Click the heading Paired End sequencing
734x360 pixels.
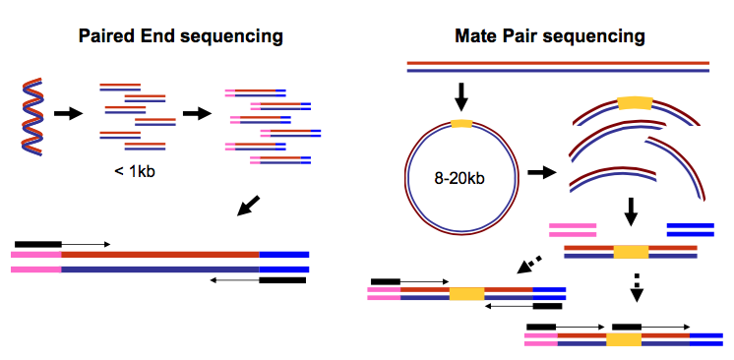[181, 36]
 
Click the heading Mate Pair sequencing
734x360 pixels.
[550, 36]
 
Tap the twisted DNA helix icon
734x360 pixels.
[31, 116]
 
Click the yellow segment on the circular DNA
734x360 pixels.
[460, 123]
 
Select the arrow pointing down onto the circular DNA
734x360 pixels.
[459, 96]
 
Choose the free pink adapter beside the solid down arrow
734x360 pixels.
[573, 229]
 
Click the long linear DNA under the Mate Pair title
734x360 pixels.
[558, 66]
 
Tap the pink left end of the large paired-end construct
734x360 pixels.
[36, 261]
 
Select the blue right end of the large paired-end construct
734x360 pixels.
[284, 261]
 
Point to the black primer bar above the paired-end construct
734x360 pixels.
[37, 242]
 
